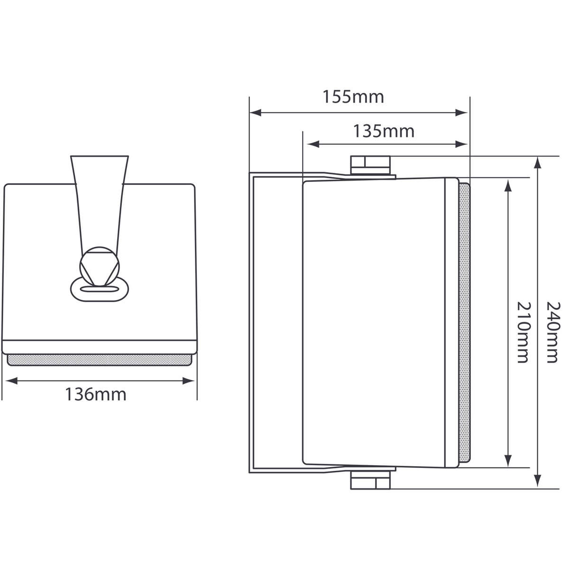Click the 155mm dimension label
[x=353, y=97]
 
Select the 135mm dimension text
[x=383, y=130]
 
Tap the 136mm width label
[x=96, y=394]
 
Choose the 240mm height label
[x=552, y=332]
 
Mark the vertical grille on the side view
[x=464, y=322]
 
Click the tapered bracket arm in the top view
[x=99, y=199]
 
